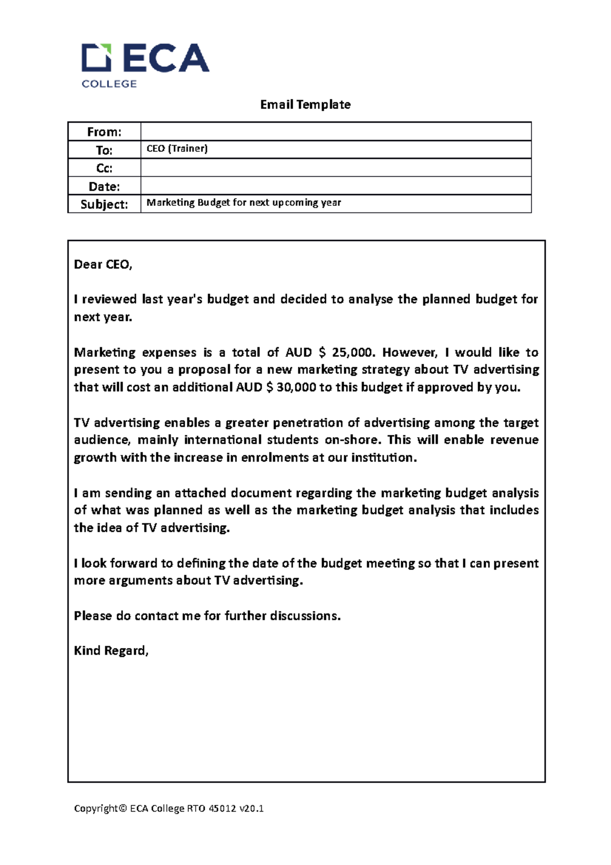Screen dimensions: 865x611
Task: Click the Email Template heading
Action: coord(305,104)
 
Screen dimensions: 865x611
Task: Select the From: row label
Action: coord(104,132)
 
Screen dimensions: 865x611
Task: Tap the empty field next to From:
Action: coord(336,132)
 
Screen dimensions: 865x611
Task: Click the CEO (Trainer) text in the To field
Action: coord(177,149)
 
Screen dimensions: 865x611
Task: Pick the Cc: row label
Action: coord(104,168)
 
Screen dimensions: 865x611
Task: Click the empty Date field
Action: coord(336,186)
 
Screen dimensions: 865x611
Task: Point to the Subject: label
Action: coord(104,204)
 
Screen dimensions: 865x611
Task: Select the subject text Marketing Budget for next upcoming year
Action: coord(243,203)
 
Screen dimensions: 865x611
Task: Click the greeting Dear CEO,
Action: coord(103,264)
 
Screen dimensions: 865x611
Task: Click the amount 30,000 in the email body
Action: coord(296,387)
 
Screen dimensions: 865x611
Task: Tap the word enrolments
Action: coord(274,457)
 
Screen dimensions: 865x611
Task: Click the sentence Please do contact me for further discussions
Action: coord(207,616)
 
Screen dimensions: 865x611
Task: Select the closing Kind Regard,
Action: coord(111,651)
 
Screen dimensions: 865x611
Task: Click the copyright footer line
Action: coord(169,808)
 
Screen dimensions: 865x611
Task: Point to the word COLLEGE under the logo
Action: coord(109,84)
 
